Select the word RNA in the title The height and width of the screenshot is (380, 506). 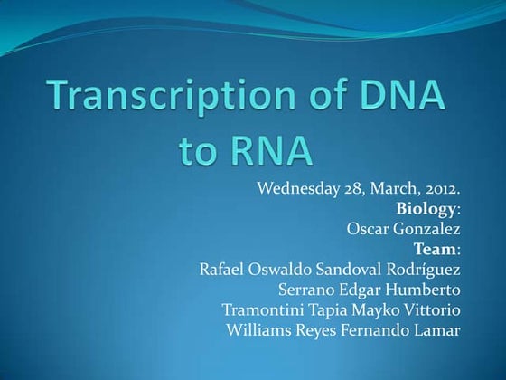[x=267, y=148]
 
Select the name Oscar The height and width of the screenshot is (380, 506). [x=368, y=229]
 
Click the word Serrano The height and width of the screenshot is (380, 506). [x=306, y=290]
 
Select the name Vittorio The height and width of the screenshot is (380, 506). [x=428, y=309]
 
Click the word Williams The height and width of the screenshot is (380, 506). [x=258, y=329]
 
